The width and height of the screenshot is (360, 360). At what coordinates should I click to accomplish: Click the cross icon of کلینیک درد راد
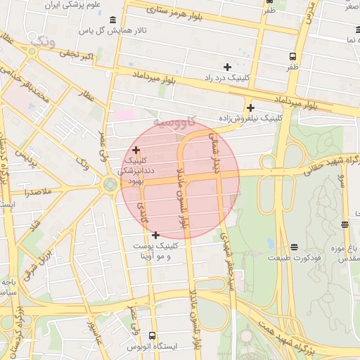[227, 67]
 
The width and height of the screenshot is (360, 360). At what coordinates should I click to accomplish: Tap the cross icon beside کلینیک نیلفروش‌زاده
[250, 108]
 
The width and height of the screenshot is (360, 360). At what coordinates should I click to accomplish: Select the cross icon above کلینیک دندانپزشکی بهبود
[136, 150]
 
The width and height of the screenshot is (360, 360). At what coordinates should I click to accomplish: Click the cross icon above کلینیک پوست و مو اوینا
[155, 235]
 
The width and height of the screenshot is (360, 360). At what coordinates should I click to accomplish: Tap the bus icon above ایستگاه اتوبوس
[153, 336]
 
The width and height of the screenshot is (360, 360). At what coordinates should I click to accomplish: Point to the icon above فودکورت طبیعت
[294, 247]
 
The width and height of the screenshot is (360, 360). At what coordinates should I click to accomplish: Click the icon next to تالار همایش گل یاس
[113, 31]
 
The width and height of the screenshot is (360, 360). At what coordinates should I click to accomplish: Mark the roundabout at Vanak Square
[110, 185]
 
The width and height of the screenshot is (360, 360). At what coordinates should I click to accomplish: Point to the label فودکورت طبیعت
[293, 258]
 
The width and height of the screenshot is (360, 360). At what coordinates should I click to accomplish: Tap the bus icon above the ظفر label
[292, 56]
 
